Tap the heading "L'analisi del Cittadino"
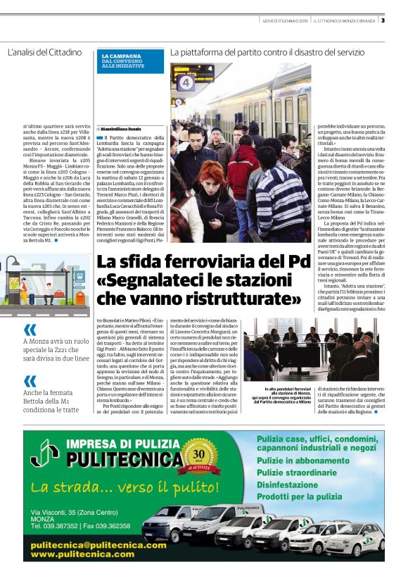coord(45,53)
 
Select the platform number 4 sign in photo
coord(186,82)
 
